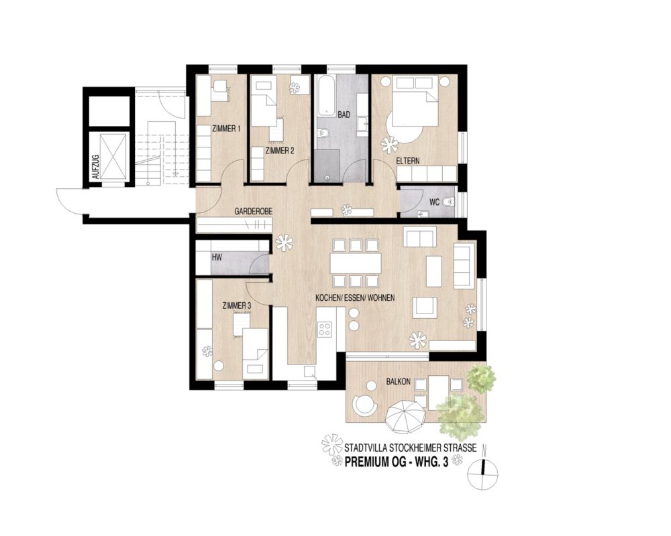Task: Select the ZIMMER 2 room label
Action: pyautogui.click(x=280, y=151)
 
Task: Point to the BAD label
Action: pyautogui.click(x=344, y=115)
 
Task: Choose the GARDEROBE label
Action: pyautogui.click(x=253, y=211)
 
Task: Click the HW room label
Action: pyautogui.click(x=216, y=257)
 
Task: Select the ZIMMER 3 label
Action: pyautogui.click(x=236, y=306)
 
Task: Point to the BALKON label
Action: pyautogui.click(x=399, y=381)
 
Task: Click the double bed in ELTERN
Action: pyautogui.click(x=414, y=102)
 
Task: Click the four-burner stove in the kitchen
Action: pyautogui.click(x=325, y=329)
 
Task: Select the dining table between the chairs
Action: pyautogui.click(x=356, y=263)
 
